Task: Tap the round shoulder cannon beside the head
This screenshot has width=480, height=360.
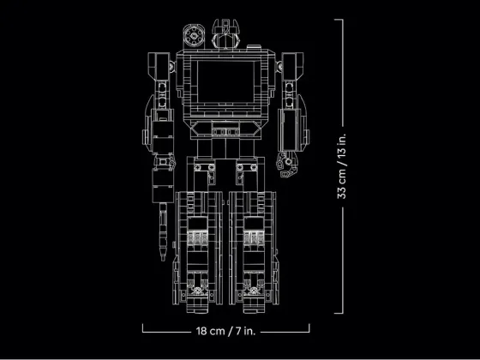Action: click(194, 35)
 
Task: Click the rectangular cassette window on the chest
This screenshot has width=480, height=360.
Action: click(226, 81)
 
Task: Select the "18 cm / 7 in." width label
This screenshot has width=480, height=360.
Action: click(225, 331)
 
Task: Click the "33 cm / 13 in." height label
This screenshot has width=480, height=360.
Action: click(342, 166)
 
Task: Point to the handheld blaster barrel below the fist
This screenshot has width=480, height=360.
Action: click(163, 231)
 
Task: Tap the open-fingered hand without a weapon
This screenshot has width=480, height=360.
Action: click(286, 165)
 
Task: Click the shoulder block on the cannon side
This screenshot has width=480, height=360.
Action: click(159, 67)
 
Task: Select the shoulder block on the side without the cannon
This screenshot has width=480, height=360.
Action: click(292, 67)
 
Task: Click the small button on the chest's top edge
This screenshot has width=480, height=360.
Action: click(254, 47)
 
